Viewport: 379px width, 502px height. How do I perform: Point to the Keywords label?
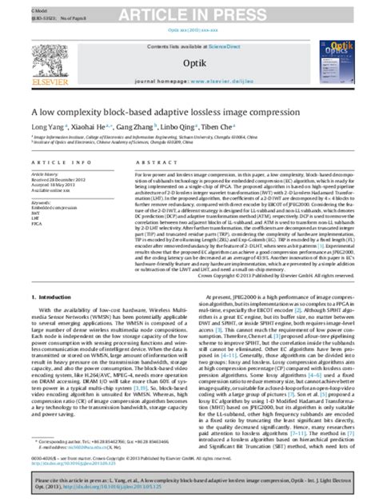[x=41, y=202]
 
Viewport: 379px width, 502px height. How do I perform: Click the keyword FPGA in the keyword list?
[x=38, y=225]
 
